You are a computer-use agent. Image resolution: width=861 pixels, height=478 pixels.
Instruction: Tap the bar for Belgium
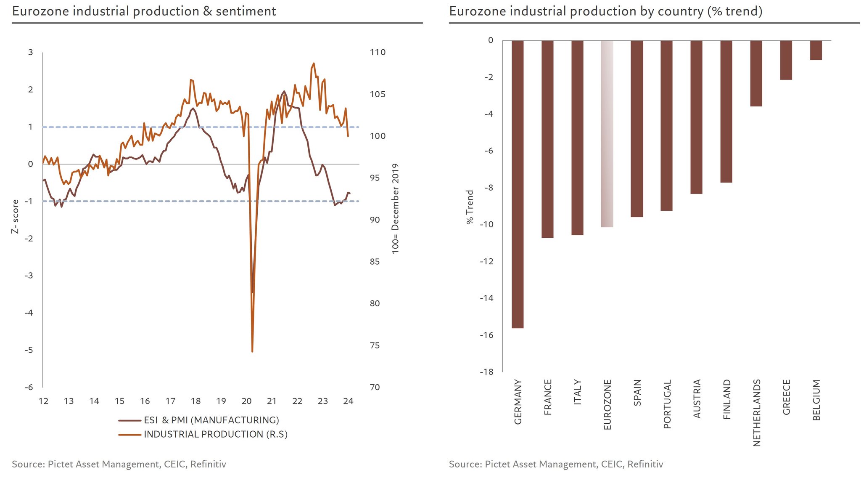[816, 50]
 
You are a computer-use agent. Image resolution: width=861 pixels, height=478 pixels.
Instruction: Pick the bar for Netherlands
[756, 73]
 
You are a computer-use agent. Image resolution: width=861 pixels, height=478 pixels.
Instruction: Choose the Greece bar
[786, 60]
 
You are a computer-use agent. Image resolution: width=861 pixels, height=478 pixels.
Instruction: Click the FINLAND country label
[727, 399]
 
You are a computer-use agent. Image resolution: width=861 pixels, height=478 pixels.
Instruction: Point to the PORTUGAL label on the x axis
[667, 404]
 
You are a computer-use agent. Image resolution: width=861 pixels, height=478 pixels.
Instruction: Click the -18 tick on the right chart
[487, 372]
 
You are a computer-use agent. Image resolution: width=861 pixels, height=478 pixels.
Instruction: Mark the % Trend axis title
[470, 207]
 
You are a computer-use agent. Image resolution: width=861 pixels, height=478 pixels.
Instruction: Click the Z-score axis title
[15, 217]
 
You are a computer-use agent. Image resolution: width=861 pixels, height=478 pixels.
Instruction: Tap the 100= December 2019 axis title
[395, 209]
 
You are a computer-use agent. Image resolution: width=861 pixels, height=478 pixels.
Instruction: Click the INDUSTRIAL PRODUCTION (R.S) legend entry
[215, 434]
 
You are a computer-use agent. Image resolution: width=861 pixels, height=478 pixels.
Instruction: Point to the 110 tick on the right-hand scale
[378, 52]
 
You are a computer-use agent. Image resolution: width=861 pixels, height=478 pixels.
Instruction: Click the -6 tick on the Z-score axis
[29, 387]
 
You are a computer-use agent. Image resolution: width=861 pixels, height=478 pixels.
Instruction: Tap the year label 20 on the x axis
[246, 401]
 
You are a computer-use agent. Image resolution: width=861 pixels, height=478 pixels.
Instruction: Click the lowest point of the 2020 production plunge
[252, 351]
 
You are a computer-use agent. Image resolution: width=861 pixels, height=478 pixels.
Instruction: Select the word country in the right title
[680, 11]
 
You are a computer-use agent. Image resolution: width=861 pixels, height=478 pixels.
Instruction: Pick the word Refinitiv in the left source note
[208, 464]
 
